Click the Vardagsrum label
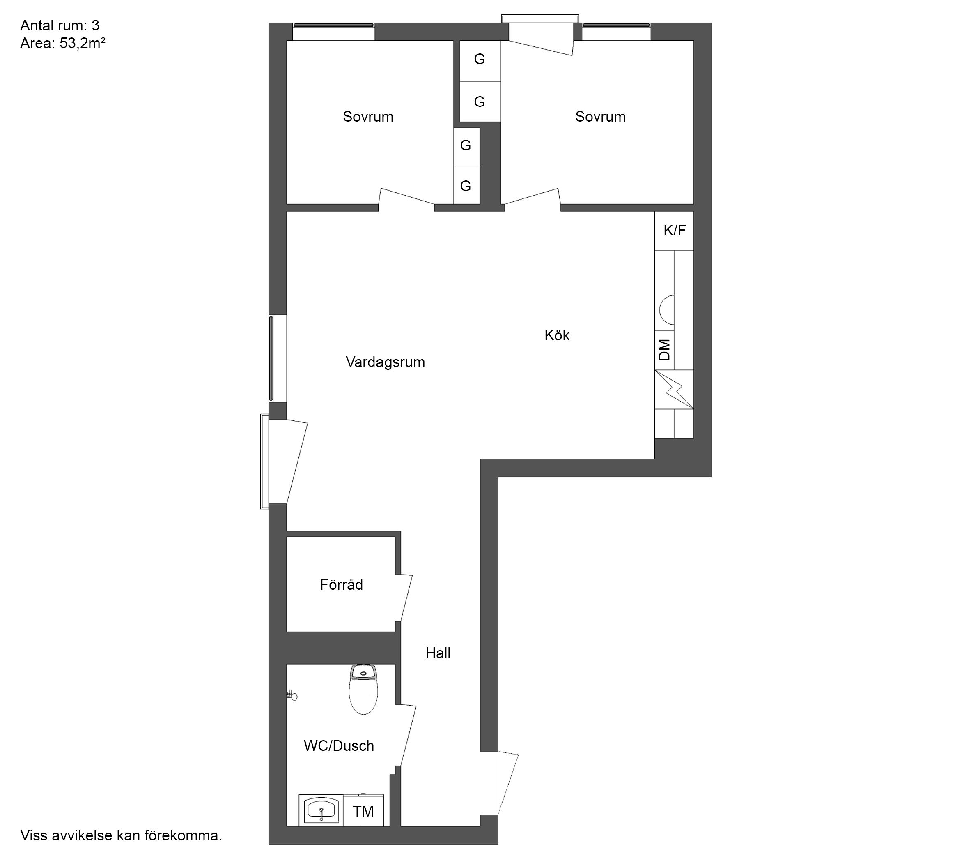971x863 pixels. tap(385, 362)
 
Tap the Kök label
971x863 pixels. tap(557, 335)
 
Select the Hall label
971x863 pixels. tap(438, 653)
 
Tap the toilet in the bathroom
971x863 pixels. tap(363, 689)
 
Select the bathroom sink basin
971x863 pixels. tap(321, 810)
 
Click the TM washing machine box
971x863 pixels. tap(363, 811)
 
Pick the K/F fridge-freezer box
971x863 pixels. tap(674, 231)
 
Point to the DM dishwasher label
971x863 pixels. tap(665, 350)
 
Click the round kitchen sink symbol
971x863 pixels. tap(667, 309)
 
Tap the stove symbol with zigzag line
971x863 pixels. tap(674, 390)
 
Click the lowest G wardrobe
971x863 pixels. tap(466, 185)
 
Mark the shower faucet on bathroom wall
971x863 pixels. tap(292, 696)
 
